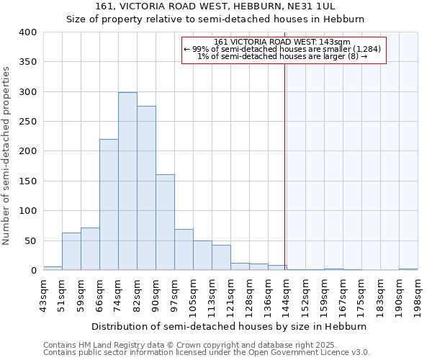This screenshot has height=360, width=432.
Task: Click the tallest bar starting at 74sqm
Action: point(127,181)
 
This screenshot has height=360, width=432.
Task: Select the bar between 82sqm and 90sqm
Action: point(146,188)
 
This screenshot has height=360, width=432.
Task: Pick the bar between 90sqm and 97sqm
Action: point(165,222)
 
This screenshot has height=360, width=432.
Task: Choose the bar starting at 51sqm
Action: point(71,251)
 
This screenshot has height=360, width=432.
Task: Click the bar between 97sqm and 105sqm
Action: point(184,249)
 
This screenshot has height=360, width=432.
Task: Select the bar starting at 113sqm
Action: point(221,258)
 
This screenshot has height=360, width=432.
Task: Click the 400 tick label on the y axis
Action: point(27,32)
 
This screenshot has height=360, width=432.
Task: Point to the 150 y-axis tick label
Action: point(27,181)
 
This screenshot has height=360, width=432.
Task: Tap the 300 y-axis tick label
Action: point(27,92)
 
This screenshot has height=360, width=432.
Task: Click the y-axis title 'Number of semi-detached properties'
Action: point(6,156)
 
